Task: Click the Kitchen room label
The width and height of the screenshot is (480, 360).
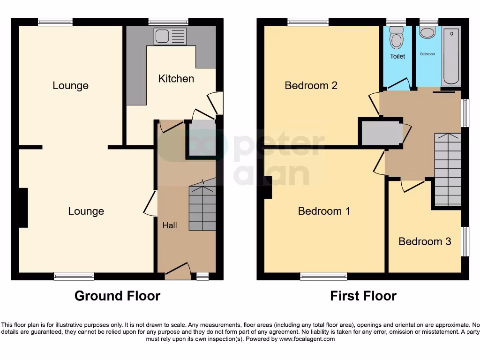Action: click(176, 78)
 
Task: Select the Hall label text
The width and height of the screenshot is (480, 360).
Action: click(170, 225)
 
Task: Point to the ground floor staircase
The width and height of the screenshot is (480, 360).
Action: click(202, 207)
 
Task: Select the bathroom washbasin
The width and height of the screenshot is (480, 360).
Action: click(427, 32)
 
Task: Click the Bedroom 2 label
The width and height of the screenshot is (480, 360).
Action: click(311, 85)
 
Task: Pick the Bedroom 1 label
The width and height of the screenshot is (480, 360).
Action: click(324, 211)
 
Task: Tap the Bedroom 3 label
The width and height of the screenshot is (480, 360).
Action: click(425, 241)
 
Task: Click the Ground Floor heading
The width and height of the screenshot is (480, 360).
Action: click(117, 296)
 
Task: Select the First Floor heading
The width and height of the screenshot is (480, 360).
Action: click(363, 296)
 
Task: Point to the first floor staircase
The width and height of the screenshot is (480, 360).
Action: click(448, 170)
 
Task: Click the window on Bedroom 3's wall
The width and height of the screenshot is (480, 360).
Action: click(465, 241)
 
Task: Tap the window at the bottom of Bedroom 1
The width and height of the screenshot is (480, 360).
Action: click(323, 276)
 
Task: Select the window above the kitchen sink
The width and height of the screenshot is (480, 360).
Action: click(168, 22)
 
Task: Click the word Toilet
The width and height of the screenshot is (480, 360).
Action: click(397, 56)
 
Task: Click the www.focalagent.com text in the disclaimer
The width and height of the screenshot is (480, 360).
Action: click(308, 339)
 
